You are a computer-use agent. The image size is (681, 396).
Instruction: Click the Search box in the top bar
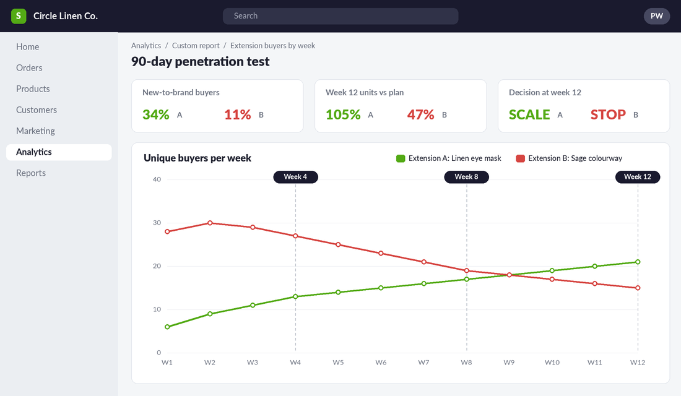point(340,16)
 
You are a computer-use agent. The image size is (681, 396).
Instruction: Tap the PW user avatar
point(656,16)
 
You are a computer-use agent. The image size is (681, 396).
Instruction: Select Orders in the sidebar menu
point(29,67)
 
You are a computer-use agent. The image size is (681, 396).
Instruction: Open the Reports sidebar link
point(31,173)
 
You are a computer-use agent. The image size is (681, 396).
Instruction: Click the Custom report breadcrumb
point(196,46)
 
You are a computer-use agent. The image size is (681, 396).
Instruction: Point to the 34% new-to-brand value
point(156,114)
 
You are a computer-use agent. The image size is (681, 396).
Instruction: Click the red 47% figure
point(420,114)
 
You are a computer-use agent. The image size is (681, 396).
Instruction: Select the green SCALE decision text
point(529,114)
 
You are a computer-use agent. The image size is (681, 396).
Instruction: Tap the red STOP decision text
point(608,114)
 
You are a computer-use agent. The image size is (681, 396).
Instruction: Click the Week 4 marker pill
point(295,177)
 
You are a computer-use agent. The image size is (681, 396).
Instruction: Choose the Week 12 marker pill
point(638,177)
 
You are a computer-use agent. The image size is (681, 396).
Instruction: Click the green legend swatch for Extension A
point(401,158)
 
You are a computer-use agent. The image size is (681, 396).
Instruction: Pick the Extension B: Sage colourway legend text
point(575,158)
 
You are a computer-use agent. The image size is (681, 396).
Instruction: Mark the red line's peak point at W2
point(210,223)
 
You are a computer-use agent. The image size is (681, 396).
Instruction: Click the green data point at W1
point(167,327)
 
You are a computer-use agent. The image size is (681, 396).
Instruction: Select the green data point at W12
point(638,262)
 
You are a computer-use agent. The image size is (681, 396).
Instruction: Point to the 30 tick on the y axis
point(157,223)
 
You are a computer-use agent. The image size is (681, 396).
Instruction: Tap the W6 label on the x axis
point(381,363)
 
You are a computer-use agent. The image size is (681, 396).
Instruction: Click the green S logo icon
point(19,16)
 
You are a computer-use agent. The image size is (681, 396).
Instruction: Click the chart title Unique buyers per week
point(197,158)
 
